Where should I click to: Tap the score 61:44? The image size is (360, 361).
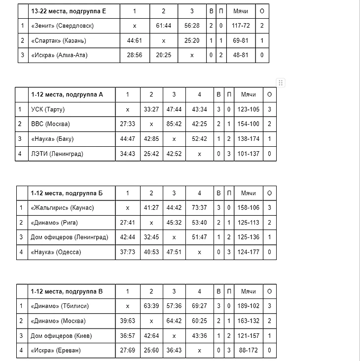[x=164, y=26]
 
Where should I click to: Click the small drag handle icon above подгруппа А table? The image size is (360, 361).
[x=280, y=82]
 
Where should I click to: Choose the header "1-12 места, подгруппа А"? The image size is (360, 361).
[x=67, y=95]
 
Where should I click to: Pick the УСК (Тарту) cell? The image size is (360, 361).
[x=48, y=109]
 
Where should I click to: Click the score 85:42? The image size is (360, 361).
[x=174, y=124]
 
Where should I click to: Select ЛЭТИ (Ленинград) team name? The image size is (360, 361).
[x=57, y=154]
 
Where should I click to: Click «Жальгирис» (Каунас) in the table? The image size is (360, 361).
[x=62, y=208]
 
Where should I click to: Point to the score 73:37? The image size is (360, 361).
[x=199, y=208]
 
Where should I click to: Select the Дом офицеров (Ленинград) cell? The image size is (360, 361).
[x=69, y=237]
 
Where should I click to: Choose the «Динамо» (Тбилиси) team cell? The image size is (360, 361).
[x=60, y=306]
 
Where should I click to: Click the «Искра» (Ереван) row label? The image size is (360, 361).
[x=56, y=351]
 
